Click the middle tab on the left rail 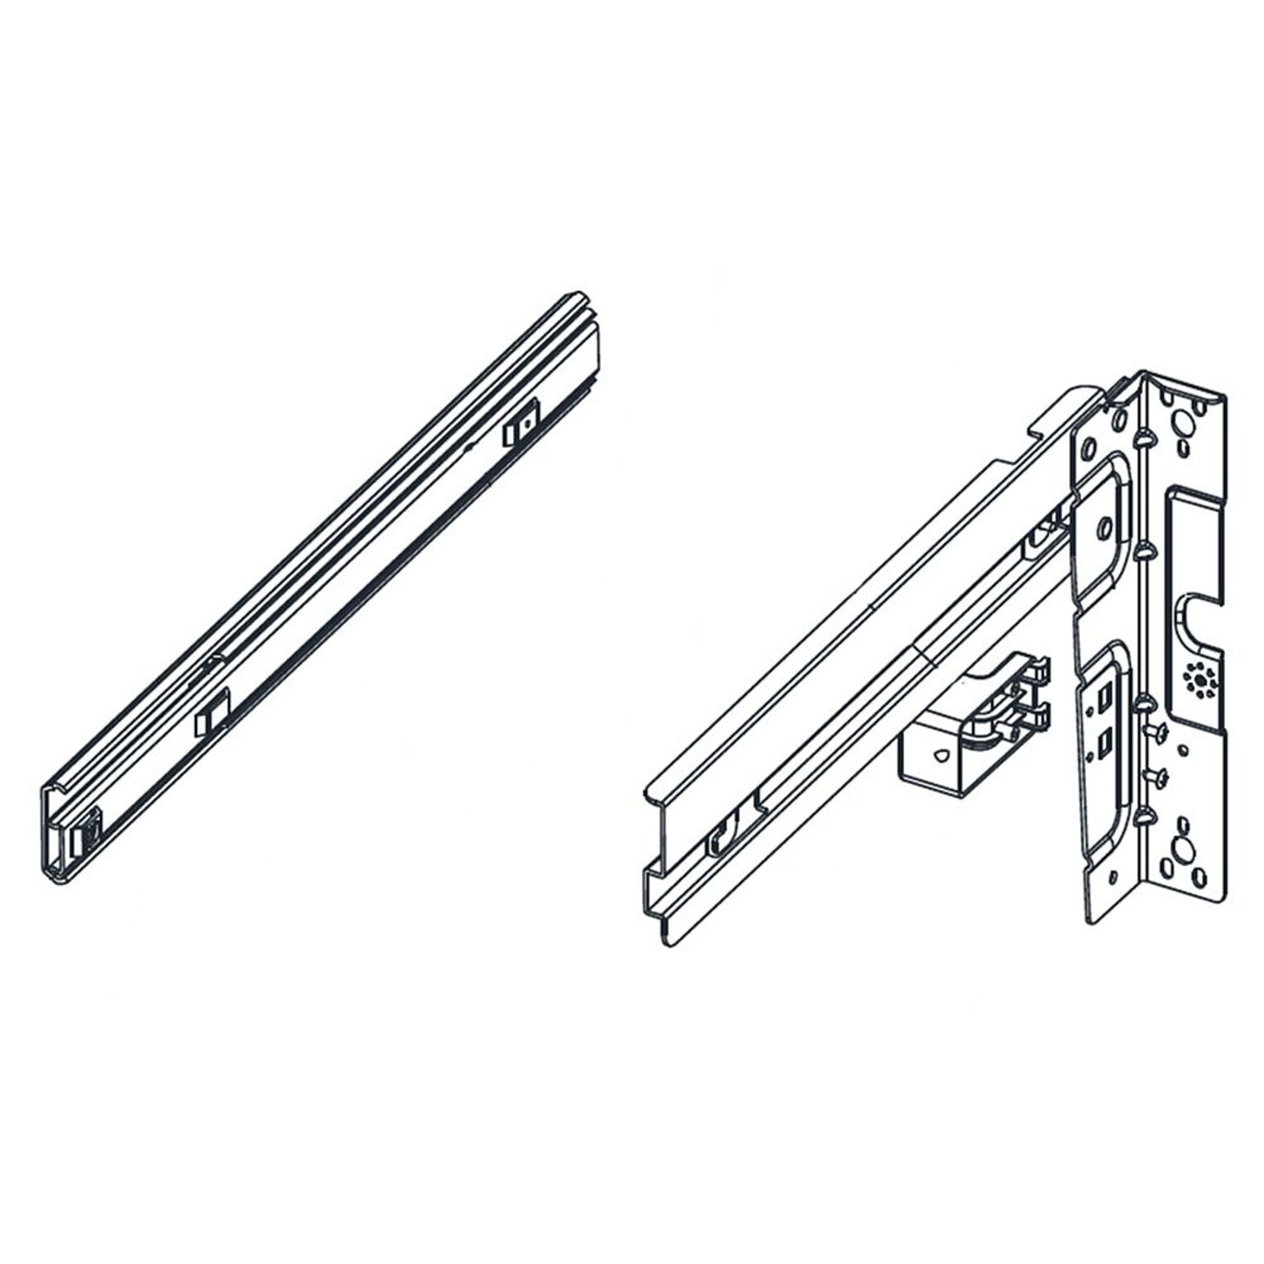212,711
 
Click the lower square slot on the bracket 1103,742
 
